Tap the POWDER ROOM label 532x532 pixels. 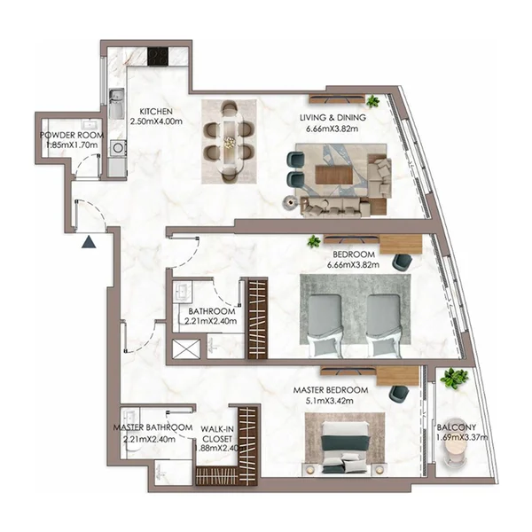tap(72, 136)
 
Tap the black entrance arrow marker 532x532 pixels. tap(90, 240)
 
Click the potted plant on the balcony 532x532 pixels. tap(454, 379)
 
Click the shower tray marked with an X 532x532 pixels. tap(186, 348)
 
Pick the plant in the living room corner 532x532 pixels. tap(373, 101)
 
